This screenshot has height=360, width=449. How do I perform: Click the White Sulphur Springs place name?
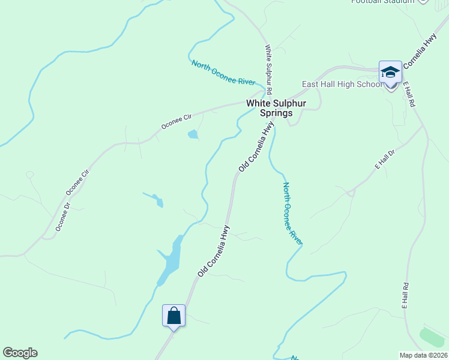276,108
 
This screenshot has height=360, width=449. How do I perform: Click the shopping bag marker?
173,315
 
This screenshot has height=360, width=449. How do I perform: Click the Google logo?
20,353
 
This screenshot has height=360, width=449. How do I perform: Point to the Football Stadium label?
384,2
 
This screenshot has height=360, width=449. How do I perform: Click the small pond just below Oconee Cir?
193,134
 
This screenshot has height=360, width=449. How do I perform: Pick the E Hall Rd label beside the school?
409,95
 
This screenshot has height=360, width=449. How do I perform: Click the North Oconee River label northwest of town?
223,73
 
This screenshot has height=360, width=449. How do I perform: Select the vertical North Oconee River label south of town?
292,214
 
